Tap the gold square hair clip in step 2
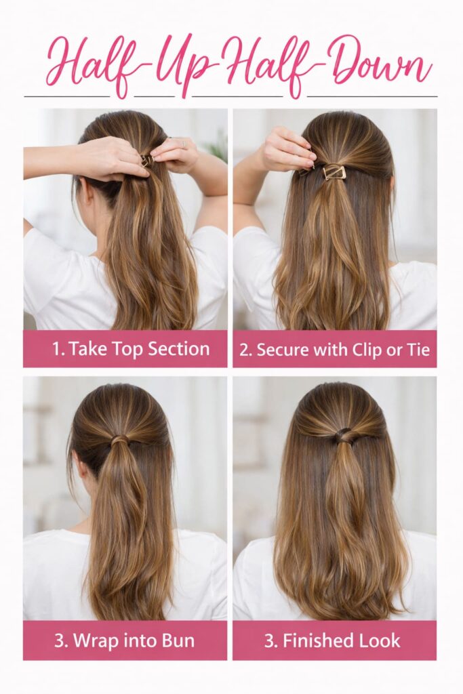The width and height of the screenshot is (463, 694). [x=334, y=172]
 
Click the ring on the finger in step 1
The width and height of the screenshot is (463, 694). [x=181, y=144]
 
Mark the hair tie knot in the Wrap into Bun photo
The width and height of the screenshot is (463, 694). [x=119, y=441]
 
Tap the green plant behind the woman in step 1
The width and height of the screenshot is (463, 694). [x=218, y=146]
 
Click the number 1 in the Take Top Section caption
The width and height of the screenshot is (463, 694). [x=56, y=349]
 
